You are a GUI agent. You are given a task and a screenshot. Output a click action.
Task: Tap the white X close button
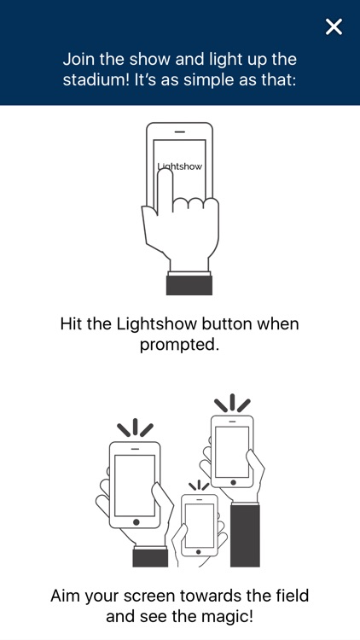tap(334, 27)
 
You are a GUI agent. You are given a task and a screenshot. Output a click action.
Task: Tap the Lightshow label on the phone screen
tap(180, 166)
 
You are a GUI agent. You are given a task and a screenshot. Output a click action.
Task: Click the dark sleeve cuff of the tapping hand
tap(189, 285)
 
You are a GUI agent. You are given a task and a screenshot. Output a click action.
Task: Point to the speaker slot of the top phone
tap(180, 131)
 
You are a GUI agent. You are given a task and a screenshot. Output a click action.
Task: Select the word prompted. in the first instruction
tap(180, 345)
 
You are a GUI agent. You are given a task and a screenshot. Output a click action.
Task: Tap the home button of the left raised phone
tap(136, 522)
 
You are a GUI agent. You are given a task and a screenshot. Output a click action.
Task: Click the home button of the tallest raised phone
tap(233, 482)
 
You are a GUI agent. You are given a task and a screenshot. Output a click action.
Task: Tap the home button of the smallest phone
tap(199, 551)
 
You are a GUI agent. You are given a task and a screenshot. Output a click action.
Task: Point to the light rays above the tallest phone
tap(232, 403)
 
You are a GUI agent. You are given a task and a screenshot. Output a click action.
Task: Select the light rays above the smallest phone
tap(199, 486)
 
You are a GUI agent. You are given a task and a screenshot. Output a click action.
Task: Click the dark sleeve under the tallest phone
tap(245, 536)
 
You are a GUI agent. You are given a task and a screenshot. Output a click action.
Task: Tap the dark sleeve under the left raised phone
tap(150, 557)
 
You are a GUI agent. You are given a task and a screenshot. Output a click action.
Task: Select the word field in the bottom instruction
tap(292, 596)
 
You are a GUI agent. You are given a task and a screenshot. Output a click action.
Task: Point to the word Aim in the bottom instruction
tap(67, 596)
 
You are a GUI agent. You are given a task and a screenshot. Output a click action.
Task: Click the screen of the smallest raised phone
tap(199, 526)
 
